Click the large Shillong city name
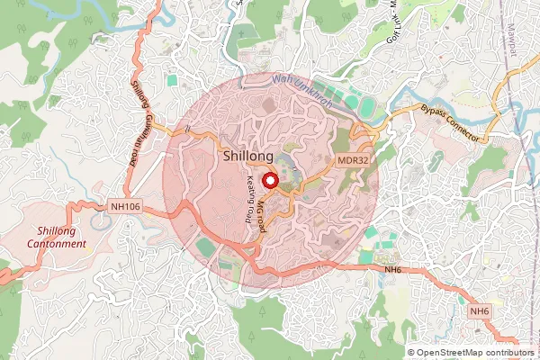click(248, 157)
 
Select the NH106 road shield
click(124, 207)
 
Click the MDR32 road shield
click(354, 160)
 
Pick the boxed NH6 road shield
click(480, 311)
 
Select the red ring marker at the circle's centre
click(267, 180)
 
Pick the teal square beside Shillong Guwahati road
click(172, 80)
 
